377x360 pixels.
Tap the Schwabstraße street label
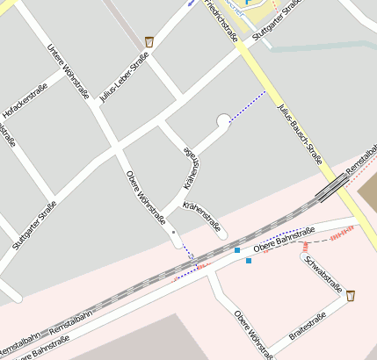(x=323, y=273)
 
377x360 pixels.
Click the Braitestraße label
(x=308, y=327)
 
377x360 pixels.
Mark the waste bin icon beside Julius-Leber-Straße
(x=150, y=41)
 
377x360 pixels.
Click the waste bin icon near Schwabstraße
(x=351, y=296)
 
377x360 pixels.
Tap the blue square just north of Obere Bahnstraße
(x=237, y=251)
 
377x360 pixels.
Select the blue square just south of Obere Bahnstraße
(x=249, y=261)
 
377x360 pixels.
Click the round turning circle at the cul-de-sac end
(x=223, y=119)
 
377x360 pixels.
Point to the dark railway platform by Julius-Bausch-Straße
(x=332, y=187)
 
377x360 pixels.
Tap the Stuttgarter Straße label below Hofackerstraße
(x=34, y=226)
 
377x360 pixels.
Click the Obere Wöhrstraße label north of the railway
(x=146, y=197)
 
